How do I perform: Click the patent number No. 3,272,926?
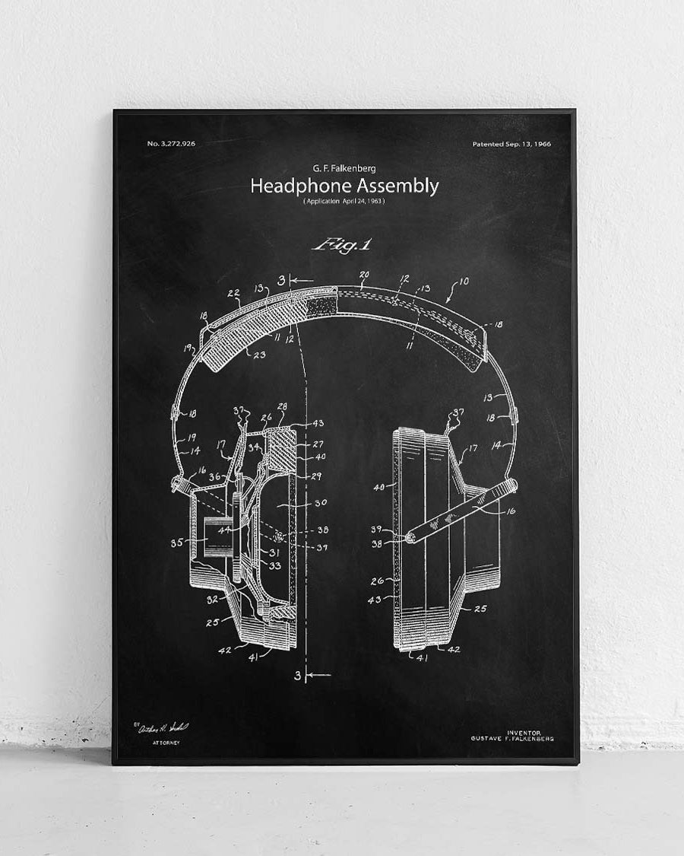171,143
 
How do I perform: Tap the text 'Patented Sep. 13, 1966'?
511,143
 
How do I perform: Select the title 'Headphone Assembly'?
344,186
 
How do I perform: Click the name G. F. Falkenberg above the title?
344,168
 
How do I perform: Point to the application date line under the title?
344,201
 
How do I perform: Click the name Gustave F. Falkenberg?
512,739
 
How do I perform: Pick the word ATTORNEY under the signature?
166,741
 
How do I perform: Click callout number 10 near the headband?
464,282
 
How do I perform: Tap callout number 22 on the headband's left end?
233,293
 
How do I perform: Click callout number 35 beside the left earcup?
178,543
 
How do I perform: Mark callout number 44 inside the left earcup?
223,530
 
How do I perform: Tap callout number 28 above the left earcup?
282,407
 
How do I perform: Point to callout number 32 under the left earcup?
212,599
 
